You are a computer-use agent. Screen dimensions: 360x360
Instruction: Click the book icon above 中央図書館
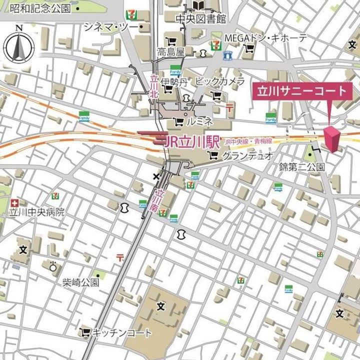(x=199, y=5)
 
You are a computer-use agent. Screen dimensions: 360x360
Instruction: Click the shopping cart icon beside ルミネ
(x=177, y=121)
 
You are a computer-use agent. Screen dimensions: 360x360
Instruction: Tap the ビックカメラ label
(x=219, y=80)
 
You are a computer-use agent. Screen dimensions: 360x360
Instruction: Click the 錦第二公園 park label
(x=302, y=167)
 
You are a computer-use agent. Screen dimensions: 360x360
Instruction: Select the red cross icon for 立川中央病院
(x=14, y=203)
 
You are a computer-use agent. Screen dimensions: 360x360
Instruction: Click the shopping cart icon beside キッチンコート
(x=85, y=331)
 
